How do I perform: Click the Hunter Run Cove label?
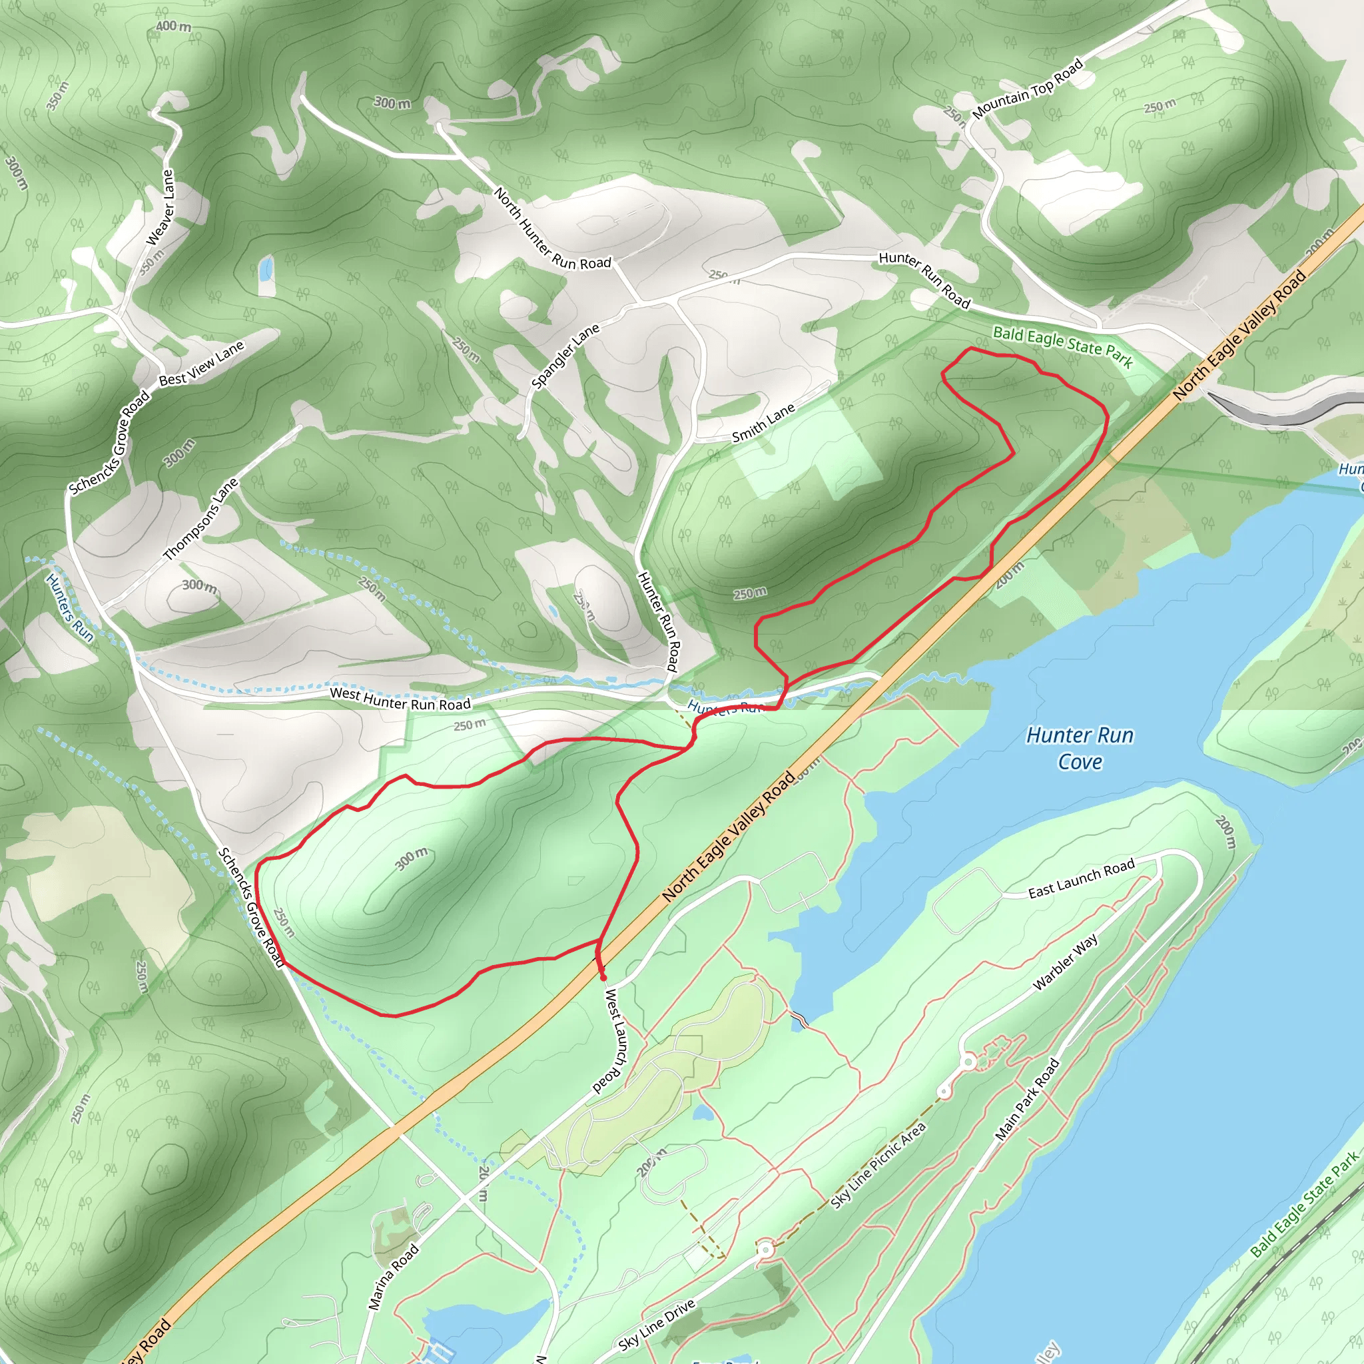[1079, 749]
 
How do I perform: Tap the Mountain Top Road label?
[1027, 90]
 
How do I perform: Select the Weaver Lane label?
[160, 208]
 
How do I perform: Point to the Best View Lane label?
[202, 364]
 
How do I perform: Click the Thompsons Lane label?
[201, 519]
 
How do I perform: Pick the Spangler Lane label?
[565, 356]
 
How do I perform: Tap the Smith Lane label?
[763, 423]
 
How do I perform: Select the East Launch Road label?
[1081, 878]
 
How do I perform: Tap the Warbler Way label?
[1066, 962]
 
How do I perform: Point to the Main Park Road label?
[1027, 1098]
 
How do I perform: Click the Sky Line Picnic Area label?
[878, 1166]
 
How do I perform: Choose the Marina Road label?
[394, 1277]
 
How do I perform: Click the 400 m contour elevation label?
[173, 27]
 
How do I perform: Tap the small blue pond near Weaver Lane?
[266, 269]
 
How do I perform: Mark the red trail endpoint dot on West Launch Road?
[603, 978]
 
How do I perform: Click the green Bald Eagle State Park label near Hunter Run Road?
[1062, 346]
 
